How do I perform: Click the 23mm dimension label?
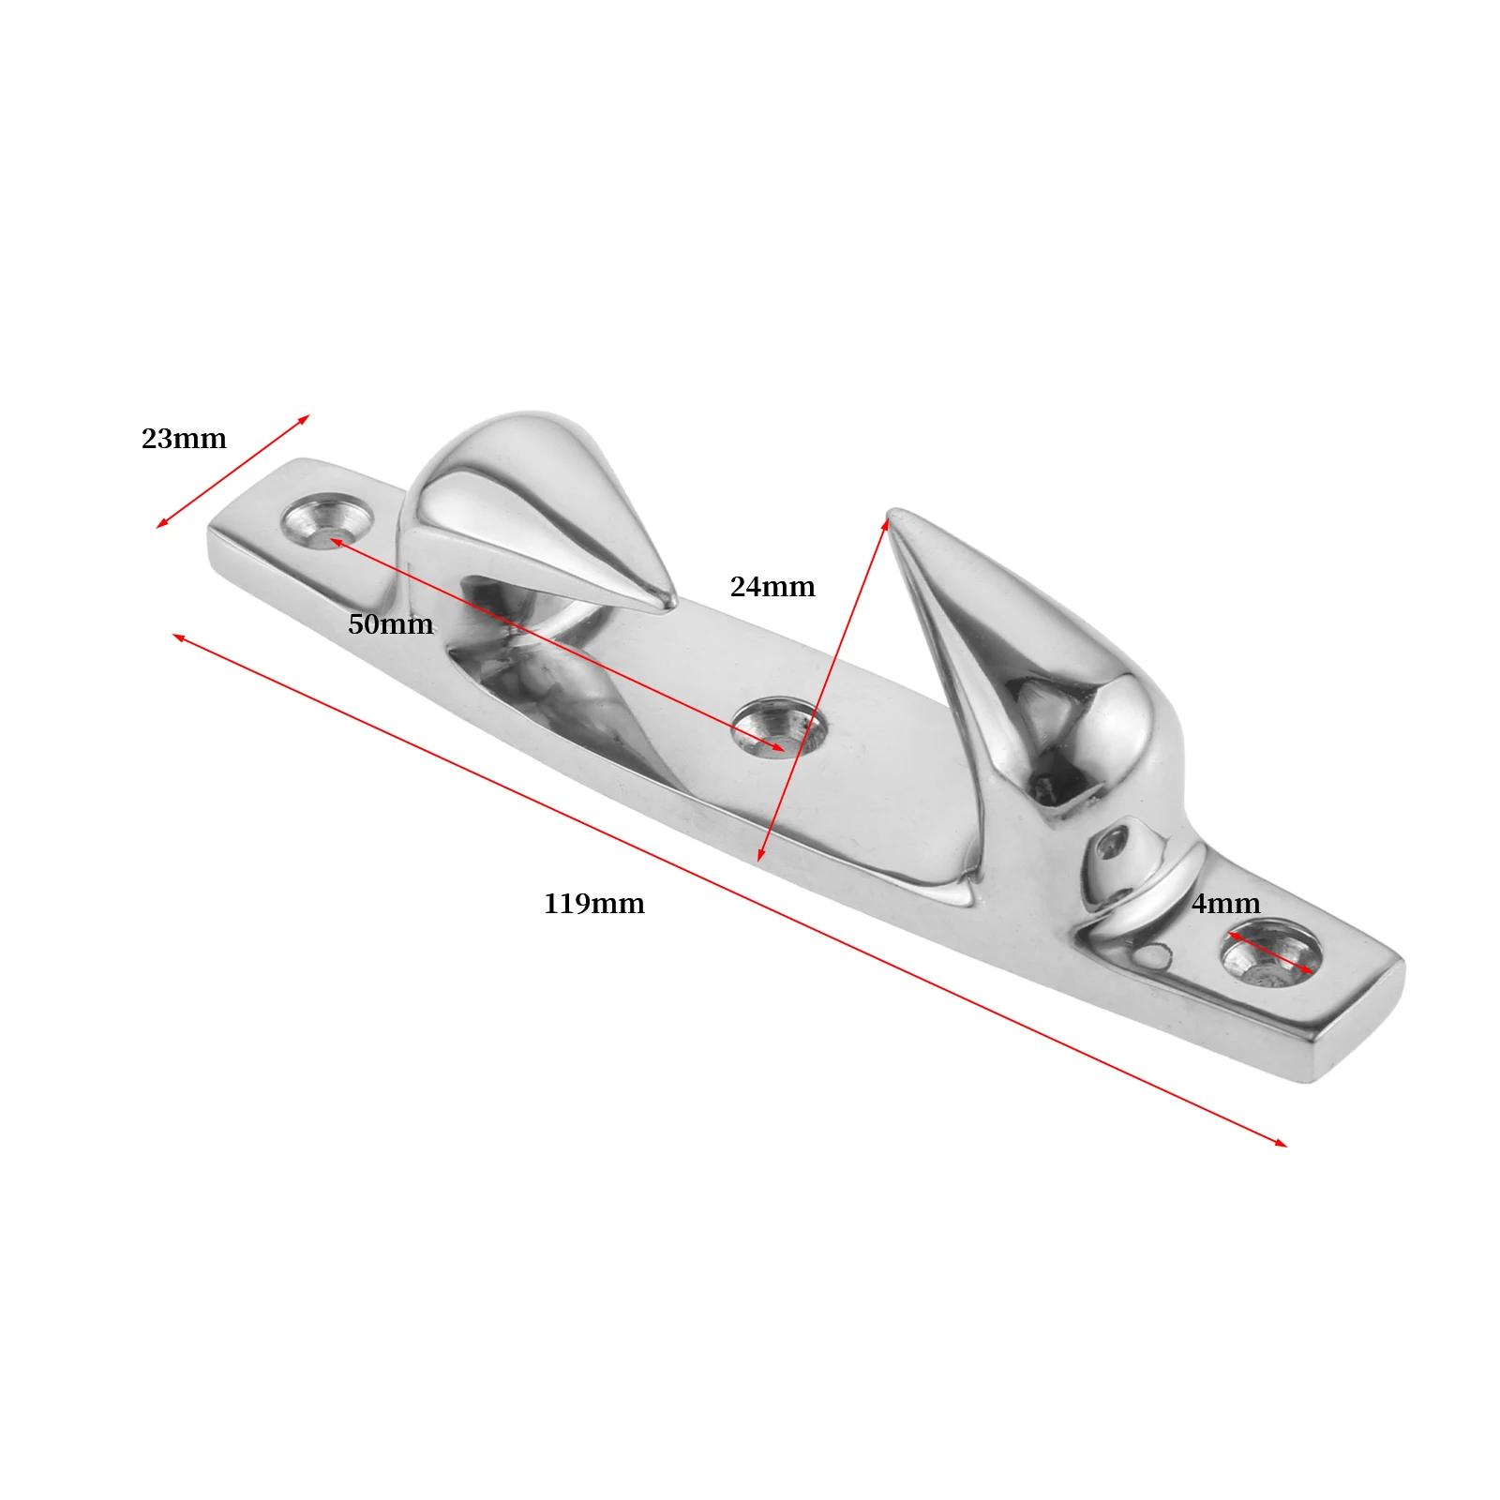[x=184, y=439]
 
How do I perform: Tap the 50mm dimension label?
[x=390, y=624]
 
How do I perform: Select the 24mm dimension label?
[x=772, y=587]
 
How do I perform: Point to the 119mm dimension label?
[x=594, y=904]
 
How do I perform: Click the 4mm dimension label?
[x=1225, y=904]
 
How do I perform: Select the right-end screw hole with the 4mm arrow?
[x=1270, y=956]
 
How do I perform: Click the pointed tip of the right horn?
[x=893, y=513]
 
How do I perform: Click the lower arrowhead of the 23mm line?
[x=159, y=526]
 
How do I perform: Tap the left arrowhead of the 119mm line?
[x=176, y=637]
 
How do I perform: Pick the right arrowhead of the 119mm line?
[x=1283, y=1144]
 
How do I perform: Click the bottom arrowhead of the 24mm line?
[x=760, y=858]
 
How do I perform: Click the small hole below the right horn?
[x=1113, y=844]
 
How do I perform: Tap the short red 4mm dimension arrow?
[x=1270, y=952]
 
